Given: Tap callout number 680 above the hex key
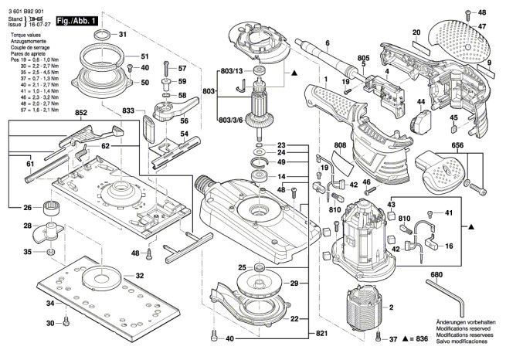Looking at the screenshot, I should pos(436,275).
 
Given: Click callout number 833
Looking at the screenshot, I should pos(128,112).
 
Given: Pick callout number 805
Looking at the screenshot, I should pos(363,58).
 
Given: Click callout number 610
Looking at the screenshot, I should pos(403,219).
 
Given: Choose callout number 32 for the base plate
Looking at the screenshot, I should pos(140,276).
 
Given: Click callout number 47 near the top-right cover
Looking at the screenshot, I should pos(481,27).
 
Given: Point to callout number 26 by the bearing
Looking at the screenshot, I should pos(27,207).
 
